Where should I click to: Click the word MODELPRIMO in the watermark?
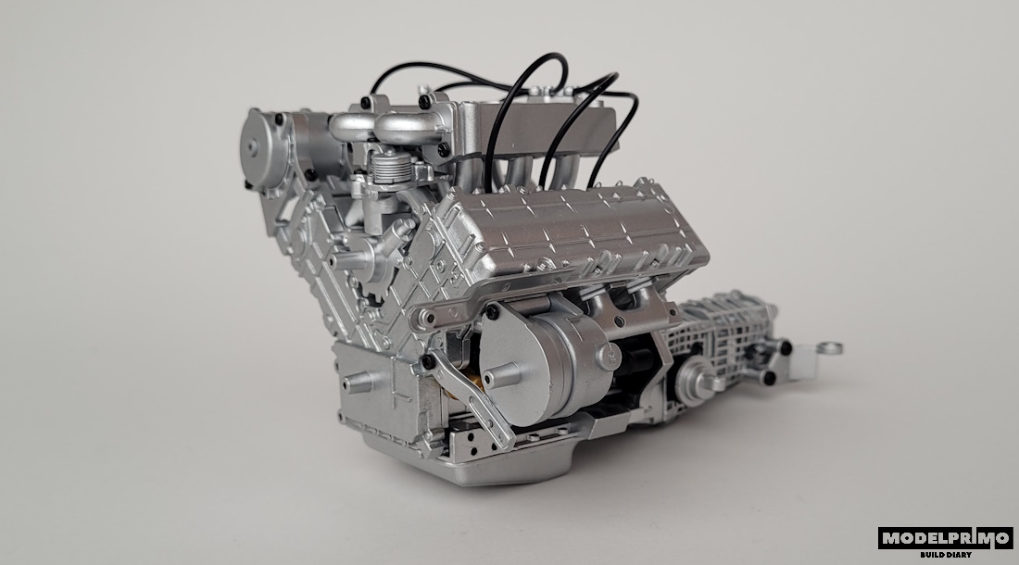tap(946, 538)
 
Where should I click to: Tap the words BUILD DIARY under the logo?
tap(946, 555)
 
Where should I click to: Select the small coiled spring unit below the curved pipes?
tap(392, 165)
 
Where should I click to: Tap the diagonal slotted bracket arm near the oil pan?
tap(470, 397)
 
